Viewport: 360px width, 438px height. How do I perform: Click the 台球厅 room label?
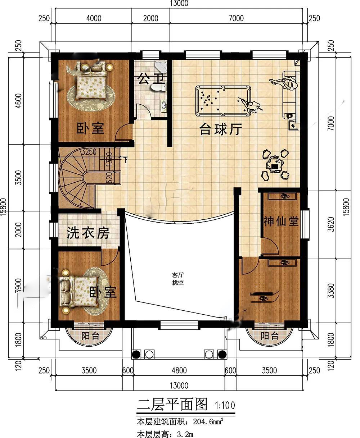pyautogui.click(x=221, y=129)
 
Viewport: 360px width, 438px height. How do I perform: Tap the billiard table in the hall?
pyautogui.click(x=223, y=101)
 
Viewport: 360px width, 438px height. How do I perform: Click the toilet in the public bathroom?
pyautogui.click(x=159, y=87)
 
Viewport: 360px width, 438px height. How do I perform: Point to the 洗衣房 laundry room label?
pyautogui.click(x=88, y=233)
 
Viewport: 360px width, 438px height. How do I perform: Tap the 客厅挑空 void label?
pyautogui.click(x=178, y=279)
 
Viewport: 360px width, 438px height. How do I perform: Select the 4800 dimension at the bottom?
pyautogui.click(x=179, y=370)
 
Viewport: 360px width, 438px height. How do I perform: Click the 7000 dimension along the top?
pyautogui.click(x=236, y=18)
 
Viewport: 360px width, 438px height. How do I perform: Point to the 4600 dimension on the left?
pyautogui.click(x=19, y=101)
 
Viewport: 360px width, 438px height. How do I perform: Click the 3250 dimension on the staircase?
pyautogui.click(x=89, y=152)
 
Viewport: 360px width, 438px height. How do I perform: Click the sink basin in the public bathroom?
pyautogui.click(x=164, y=106)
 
